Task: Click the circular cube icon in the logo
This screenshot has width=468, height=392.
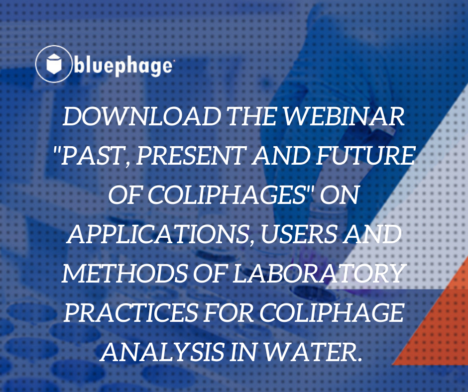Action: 53,64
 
